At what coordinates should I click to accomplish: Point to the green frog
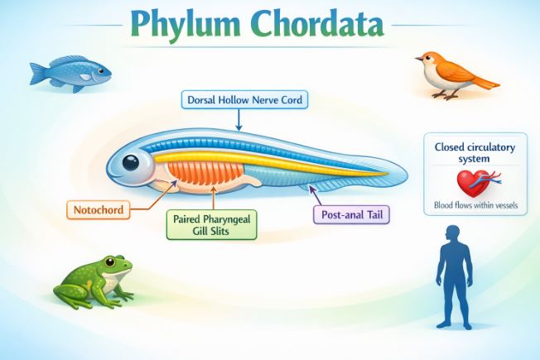click(x=92, y=279)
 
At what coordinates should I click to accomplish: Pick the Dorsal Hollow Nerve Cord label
click(x=244, y=101)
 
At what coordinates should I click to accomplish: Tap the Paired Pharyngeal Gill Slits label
click(x=212, y=224)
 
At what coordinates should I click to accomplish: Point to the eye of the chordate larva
click(x=132, y=162)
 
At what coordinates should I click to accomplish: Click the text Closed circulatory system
click(x=475, y=152)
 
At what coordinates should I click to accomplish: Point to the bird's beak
click(x=418, y=60)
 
